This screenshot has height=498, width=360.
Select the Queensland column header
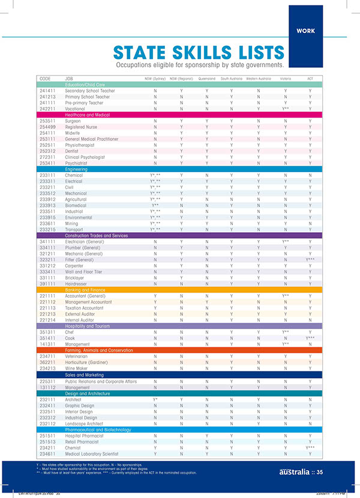click(x=206, y=79)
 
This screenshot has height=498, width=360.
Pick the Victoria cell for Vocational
click(x=286, y=109)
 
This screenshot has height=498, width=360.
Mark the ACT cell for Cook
click(x=310, y=338)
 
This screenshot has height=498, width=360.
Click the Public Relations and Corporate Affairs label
click(x=101, y=380)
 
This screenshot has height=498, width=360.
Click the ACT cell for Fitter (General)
click(x=310, y=259)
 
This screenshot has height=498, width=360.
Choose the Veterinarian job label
click(x=80, y=356)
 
